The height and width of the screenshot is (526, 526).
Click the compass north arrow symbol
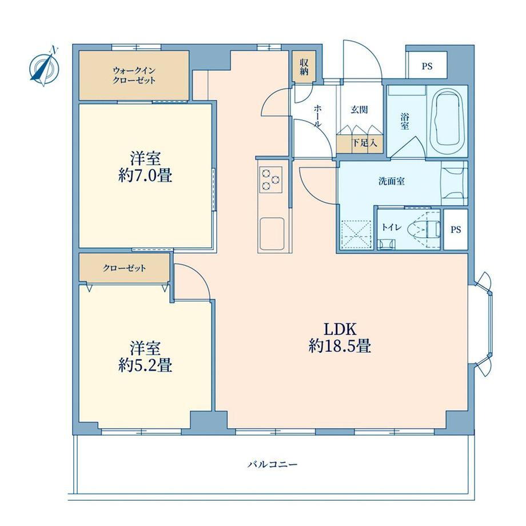coord(45,66)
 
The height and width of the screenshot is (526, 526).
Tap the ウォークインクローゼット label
coord(134,75)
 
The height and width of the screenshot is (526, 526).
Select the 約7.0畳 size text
coord(145,176)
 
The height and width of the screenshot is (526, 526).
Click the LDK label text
coord(340,329)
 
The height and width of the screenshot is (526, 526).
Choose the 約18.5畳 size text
coord(340,346)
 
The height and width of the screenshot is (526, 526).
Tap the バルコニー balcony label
coord(272,465)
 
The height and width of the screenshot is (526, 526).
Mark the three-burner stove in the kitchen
coord(270,180)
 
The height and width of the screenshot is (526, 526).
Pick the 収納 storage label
coord(304,67)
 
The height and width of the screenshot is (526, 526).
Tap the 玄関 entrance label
coord(359,110)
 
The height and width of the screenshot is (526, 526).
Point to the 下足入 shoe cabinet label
coord(364,144)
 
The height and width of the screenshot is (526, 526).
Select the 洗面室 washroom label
coord(392,181)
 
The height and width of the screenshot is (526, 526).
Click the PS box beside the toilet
coord(456,229)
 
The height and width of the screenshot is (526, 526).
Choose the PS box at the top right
coord(427,65)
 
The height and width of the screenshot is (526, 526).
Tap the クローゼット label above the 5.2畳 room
coord(125,268)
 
